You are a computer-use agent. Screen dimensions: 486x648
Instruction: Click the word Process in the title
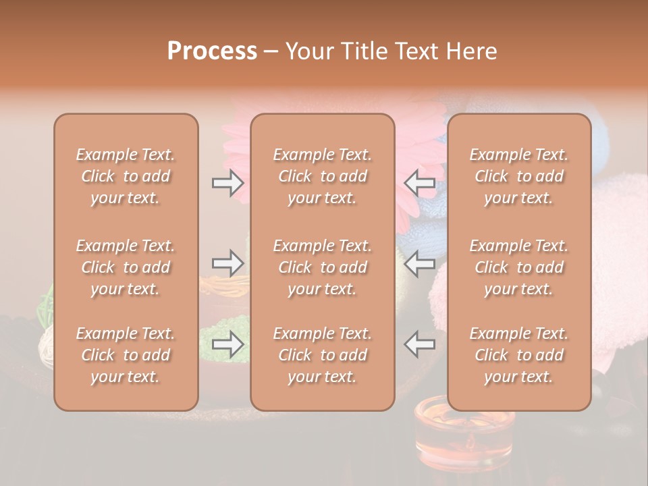point(212,51)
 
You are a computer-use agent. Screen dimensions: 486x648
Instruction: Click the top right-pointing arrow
point(227,183)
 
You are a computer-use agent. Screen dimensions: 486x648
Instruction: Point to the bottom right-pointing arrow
point(227,344)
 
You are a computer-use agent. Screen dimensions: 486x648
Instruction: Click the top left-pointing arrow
point(420,183)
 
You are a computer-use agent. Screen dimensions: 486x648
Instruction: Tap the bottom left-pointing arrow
point(420,344)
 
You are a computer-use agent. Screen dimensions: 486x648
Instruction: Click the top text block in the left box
point(126,176)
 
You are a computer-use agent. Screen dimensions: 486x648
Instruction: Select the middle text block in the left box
point(126,267)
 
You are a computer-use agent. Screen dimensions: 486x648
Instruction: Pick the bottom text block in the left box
point(126,355)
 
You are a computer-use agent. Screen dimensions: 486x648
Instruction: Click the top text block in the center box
point(322,176)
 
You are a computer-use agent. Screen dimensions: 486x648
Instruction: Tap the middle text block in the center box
point(322,267)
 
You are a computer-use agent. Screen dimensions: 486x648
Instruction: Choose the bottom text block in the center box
point(322,355)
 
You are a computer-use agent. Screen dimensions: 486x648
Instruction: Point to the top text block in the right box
point(518,176)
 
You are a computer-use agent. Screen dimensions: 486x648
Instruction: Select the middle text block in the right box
point(518,267)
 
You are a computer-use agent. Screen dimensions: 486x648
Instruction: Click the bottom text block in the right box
point(518,355)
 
